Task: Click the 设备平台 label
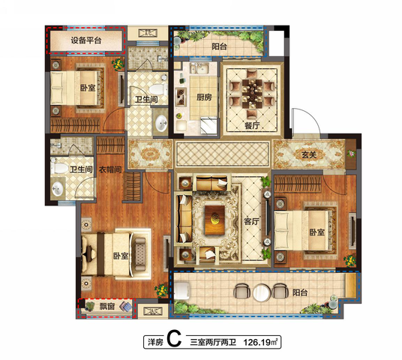86,40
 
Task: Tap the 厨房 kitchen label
204,97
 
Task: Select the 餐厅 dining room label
252,126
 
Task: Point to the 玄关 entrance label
309,154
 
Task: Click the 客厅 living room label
251,221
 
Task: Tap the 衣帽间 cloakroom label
110,169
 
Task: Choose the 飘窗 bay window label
107,306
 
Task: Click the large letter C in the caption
174,339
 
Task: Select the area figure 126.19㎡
260,342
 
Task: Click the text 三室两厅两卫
213,342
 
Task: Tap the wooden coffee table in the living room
214,220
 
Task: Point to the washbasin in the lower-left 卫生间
58,190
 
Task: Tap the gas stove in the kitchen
181,97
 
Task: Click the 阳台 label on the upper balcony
219,47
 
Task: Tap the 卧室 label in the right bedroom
317,232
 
